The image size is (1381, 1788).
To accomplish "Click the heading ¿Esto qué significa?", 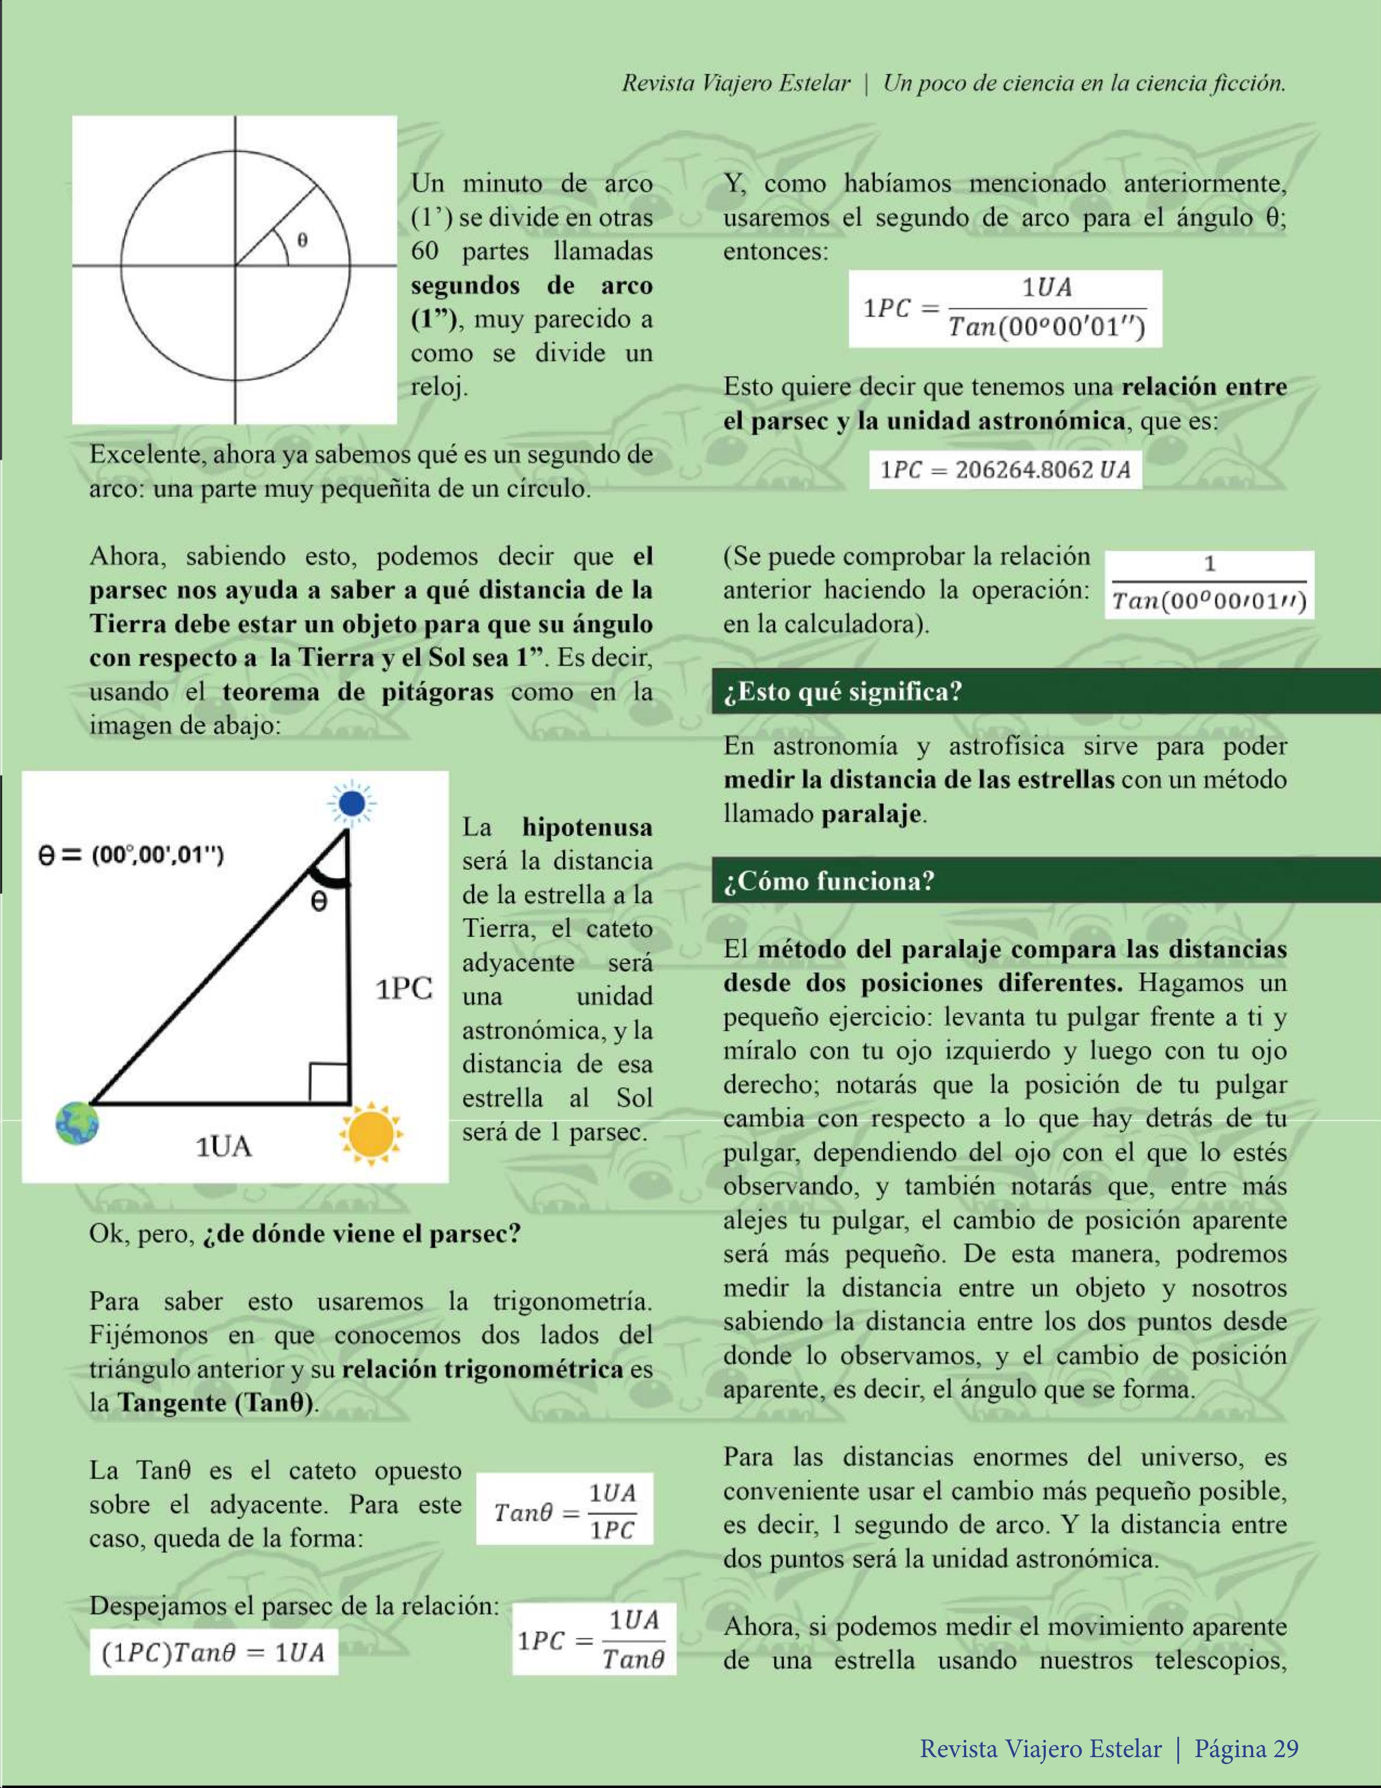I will click(843, 692).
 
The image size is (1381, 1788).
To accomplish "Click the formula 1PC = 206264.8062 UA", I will click(1005, 470).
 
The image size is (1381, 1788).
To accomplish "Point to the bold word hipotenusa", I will click(587, 827).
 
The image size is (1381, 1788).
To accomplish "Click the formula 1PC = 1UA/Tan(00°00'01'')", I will click(1005, 309).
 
